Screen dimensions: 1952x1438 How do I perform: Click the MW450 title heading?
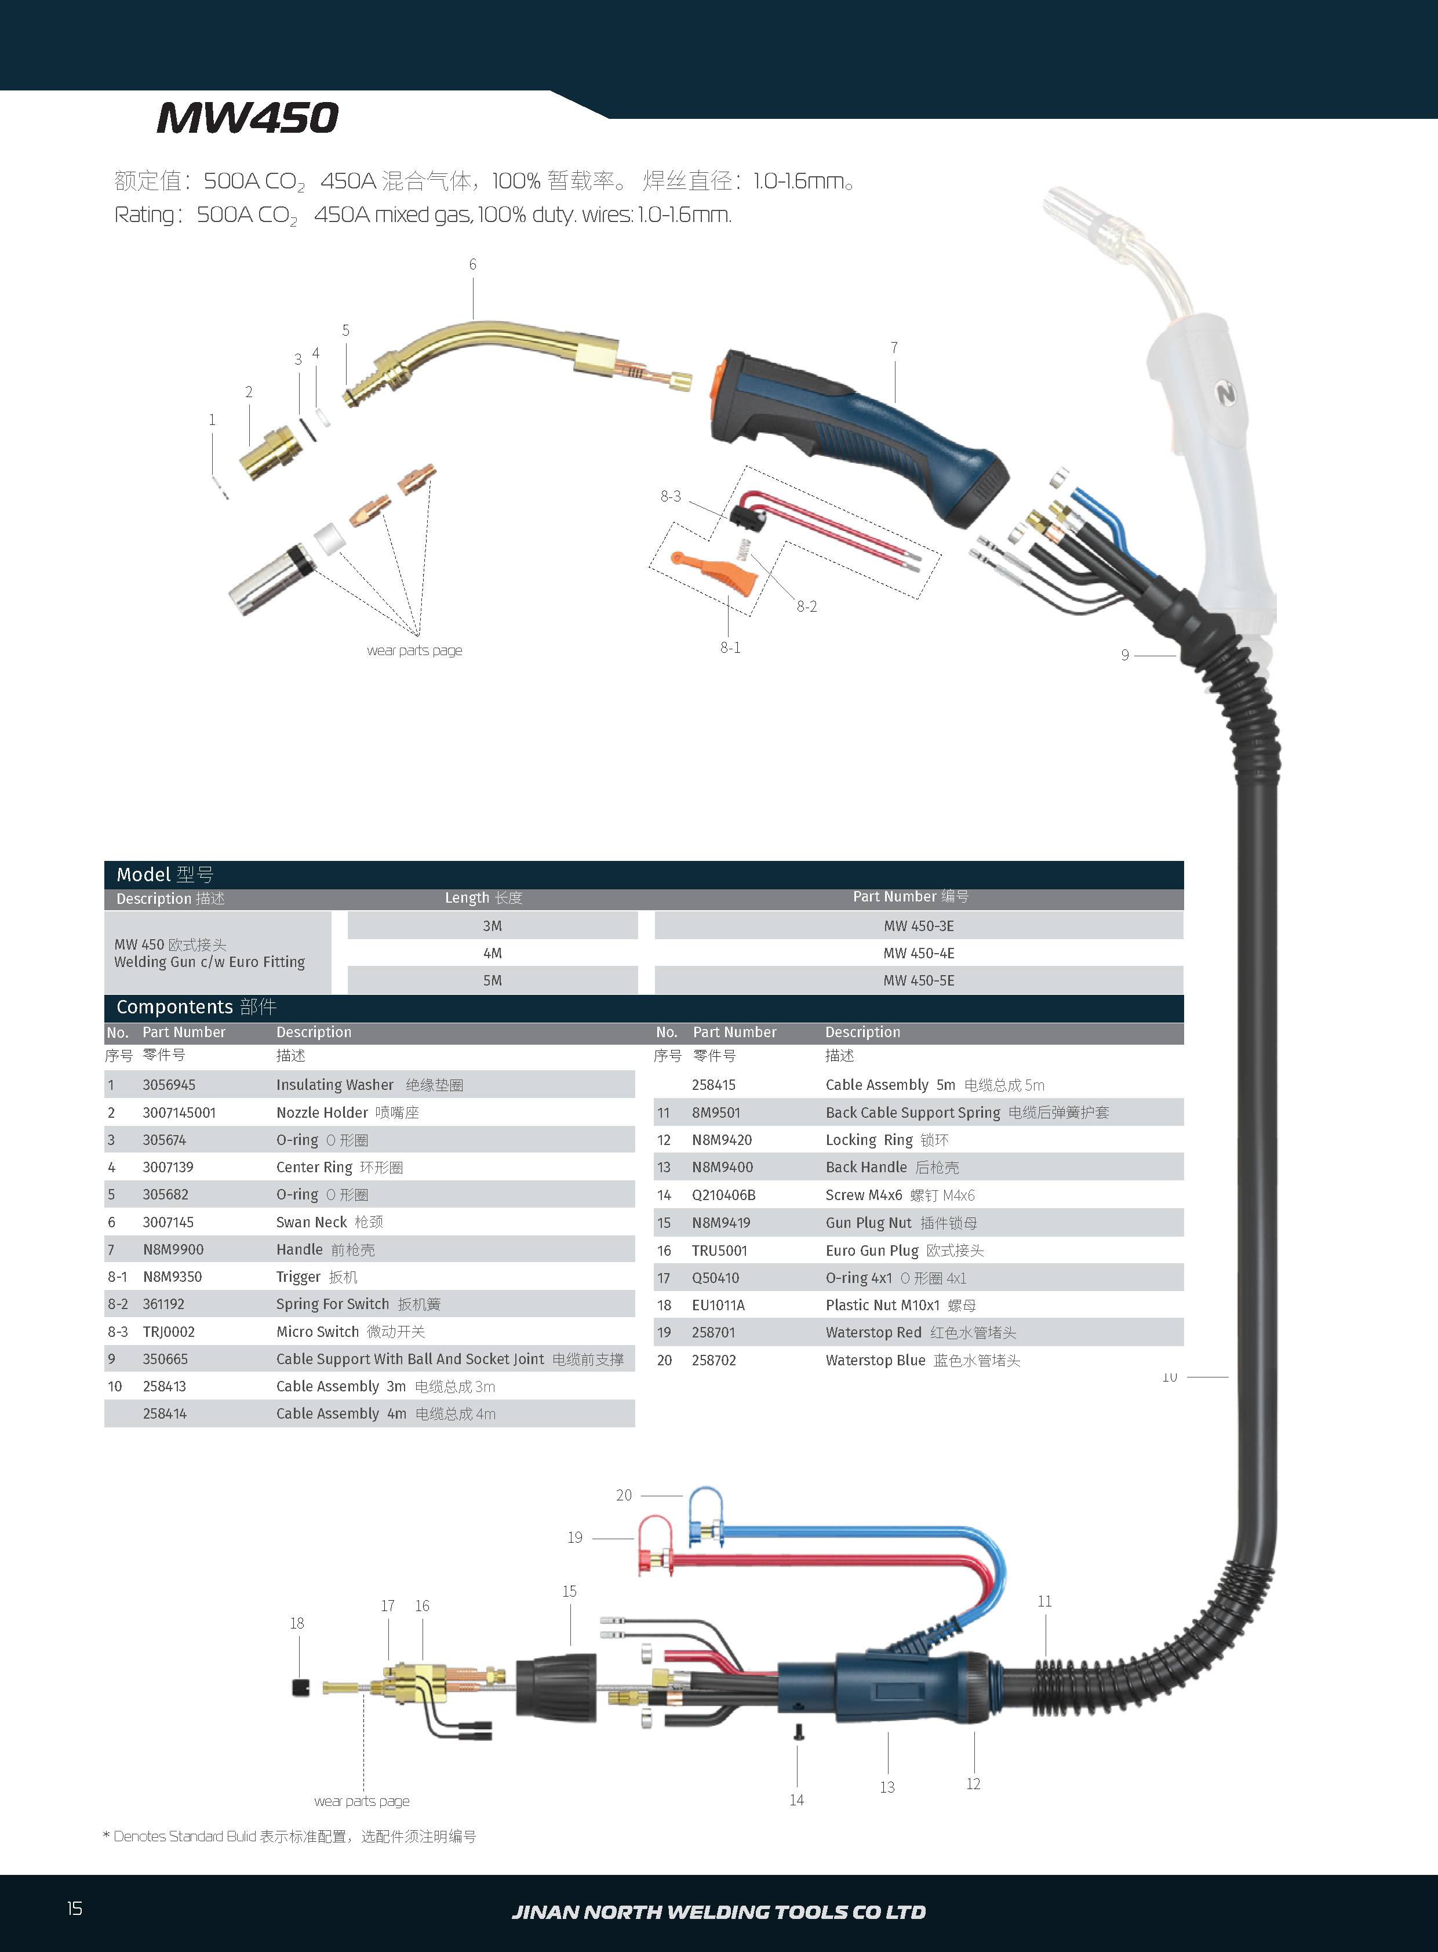tap(248, 118)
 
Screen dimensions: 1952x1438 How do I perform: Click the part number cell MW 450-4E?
tap(918, 953)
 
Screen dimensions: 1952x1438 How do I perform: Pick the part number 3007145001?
tap(179, 1113)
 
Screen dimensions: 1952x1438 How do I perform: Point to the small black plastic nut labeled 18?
tap(300, 1687)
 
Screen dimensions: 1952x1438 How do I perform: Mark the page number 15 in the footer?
tap(75, 1909)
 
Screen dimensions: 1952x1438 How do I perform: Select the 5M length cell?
tap(493, 980)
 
